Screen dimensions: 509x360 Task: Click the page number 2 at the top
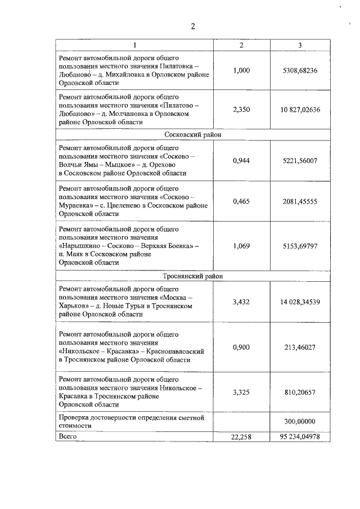[192, 25]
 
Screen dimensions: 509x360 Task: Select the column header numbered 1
[134, 46]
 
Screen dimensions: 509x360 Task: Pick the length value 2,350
[241, 110]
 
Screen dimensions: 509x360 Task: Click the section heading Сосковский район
[193, 135]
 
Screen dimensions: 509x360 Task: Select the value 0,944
[241, 161]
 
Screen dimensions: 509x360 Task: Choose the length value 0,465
[241, 201]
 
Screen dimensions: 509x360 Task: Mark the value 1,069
[241, 246]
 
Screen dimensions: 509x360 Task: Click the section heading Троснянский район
[193, 276]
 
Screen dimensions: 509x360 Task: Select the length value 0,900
[241, 347]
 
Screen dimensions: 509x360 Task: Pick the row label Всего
[67, 436]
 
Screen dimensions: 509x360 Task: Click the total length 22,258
[241, 436]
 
